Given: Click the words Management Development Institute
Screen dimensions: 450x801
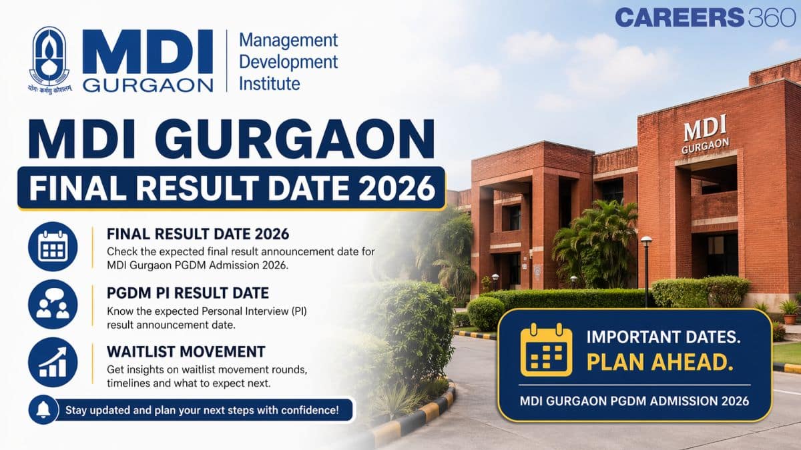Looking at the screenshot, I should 288,61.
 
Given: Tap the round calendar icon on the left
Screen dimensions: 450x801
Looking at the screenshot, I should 53,245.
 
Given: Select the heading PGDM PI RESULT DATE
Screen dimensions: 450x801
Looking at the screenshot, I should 188,292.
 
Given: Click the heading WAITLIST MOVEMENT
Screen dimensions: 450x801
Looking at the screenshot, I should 186,351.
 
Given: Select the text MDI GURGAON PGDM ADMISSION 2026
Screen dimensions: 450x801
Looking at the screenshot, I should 633,401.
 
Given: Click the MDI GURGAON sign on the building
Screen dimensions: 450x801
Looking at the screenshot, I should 705,134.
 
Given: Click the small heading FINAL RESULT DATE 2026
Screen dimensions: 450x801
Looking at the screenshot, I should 198,234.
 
